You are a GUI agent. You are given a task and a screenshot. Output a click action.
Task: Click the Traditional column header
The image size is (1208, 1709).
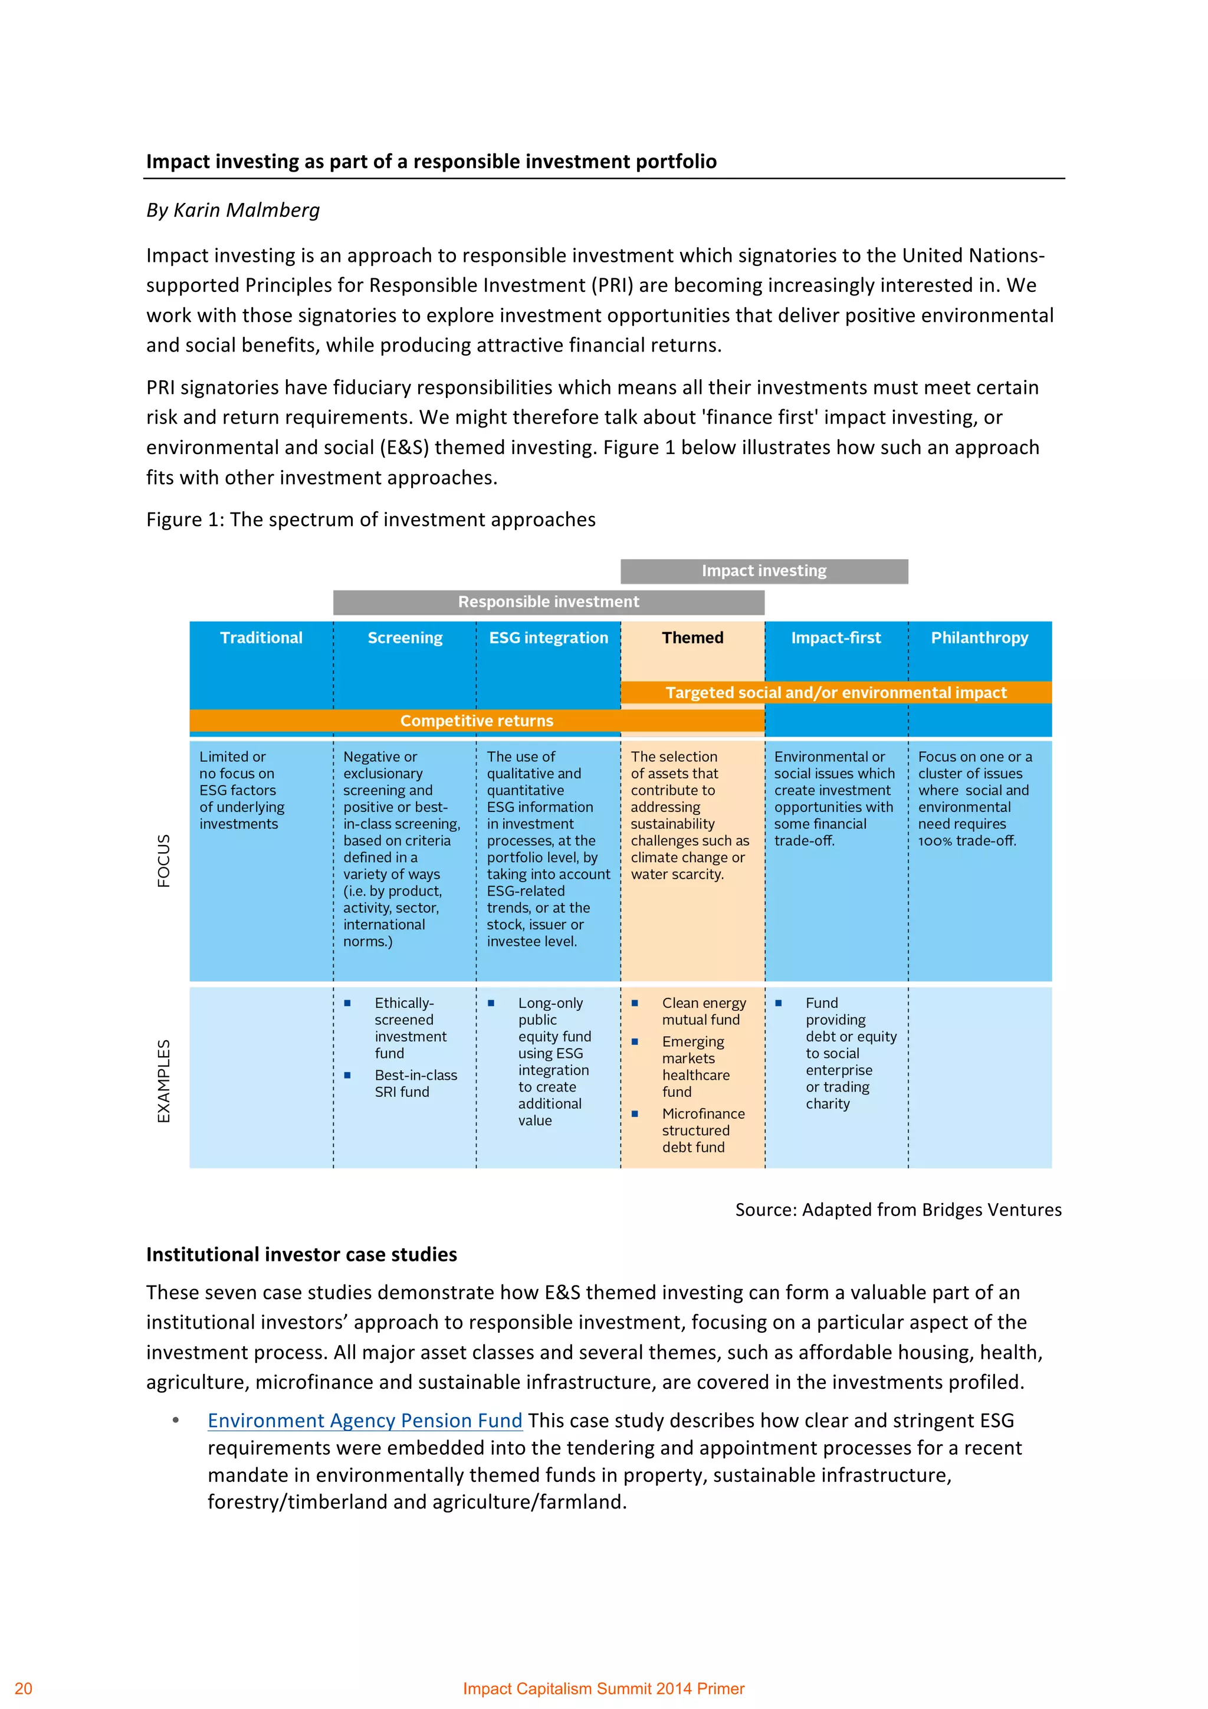pos(261,638)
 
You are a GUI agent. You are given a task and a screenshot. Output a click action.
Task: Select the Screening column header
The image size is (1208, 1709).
pos(405,638)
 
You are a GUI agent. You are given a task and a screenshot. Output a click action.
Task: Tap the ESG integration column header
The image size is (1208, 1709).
pos(549,638)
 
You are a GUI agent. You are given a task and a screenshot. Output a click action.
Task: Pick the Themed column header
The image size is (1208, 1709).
pos(692,638)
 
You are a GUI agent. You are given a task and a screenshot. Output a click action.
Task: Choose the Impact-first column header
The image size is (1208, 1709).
pos(836,638)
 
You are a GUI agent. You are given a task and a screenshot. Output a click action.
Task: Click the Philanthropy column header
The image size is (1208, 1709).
pos(980,638)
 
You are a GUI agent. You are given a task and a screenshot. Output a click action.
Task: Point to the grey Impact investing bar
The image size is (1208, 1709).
pos(764,571)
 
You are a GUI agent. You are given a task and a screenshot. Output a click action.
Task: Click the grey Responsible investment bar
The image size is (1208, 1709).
pos(549,602)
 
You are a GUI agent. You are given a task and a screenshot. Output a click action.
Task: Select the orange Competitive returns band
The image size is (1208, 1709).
pos(477,721)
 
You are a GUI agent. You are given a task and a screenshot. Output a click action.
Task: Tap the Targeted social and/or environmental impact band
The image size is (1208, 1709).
pos(836,692)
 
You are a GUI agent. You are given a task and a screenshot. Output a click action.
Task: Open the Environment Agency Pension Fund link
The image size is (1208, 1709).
pos(365,1420)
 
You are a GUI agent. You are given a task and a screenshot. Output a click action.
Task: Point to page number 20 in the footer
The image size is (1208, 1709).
pos(24,1688)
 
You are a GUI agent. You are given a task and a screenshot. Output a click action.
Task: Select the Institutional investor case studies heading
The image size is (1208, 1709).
pos(301,1254)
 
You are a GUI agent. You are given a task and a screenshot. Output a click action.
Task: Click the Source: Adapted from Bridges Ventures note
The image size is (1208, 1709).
pos(898,1210)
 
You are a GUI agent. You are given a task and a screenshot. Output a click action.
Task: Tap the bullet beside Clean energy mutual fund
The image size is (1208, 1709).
pos(635,1003)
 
